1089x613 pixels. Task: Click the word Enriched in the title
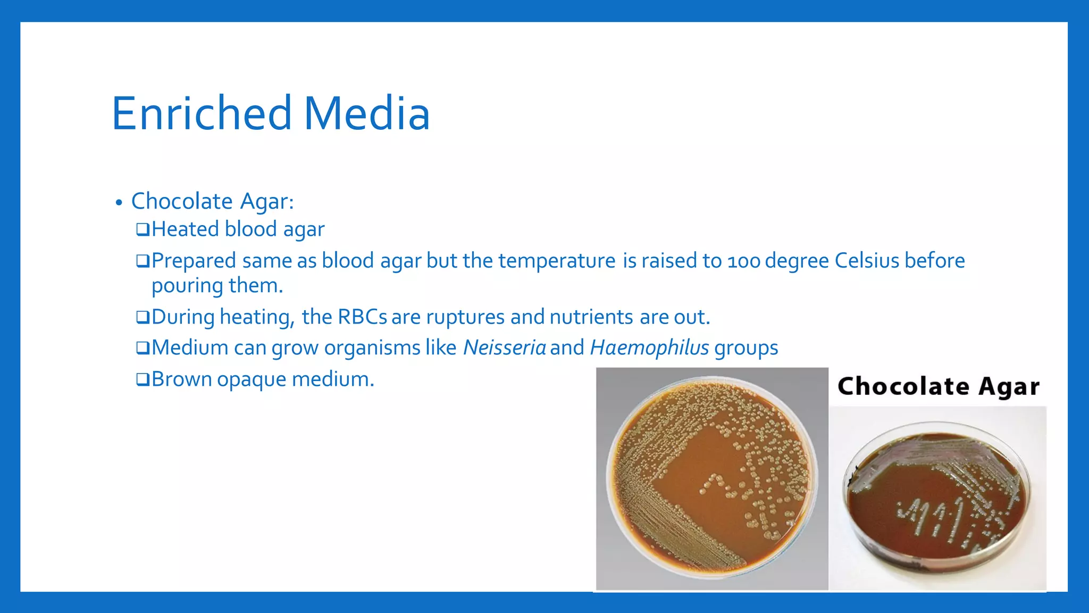(202, 113)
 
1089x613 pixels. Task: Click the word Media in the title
(366, 113)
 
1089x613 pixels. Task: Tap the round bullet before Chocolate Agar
(119, 203)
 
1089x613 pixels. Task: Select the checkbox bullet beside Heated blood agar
(143, 230)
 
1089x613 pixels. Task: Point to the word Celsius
(867, 261)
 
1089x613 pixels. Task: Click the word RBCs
(362, 317)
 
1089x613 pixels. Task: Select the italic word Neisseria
(504, 348)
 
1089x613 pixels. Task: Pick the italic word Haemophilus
(649, 348)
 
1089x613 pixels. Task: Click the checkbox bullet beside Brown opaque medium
(143, 380)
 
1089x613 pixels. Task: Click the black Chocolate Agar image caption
(938, 386)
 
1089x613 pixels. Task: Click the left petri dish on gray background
(711, 478)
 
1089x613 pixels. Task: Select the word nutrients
(591, 317)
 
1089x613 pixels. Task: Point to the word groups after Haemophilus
(746, 349)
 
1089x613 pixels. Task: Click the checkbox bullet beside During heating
(143, 318)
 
